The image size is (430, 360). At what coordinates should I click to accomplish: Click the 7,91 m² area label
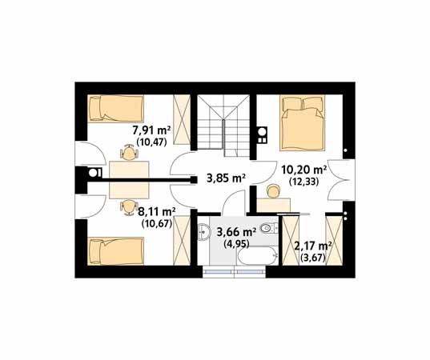point(151,130)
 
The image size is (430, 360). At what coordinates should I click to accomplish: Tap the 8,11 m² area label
point(157,212)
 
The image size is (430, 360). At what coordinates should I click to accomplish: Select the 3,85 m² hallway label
point(226,178)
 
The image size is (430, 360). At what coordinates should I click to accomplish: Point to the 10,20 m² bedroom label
point(303,170)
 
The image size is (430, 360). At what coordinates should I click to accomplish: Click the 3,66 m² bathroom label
point(236,232)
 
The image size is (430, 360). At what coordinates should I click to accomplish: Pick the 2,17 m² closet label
point(312,246)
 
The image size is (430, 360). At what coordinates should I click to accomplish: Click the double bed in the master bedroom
point(302,122)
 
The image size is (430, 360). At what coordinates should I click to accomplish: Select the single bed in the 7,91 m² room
point(116,109)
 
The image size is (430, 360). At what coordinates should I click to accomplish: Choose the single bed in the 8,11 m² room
point(116,251)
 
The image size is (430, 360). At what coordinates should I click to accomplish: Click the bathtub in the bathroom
point(258,256)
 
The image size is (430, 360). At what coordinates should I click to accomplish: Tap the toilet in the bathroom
point(269,229)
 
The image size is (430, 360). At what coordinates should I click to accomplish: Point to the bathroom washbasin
point(203,232)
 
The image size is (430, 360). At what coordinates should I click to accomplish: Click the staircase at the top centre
point(223,126)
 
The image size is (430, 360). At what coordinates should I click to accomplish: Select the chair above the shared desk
point(128,152)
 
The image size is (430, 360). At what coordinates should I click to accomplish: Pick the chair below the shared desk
point(128,207)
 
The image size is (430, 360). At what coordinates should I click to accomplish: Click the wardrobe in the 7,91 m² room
point(182,120)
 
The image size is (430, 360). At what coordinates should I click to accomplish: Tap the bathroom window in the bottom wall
point(234,272)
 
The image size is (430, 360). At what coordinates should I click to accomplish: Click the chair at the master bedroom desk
point(273,191)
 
